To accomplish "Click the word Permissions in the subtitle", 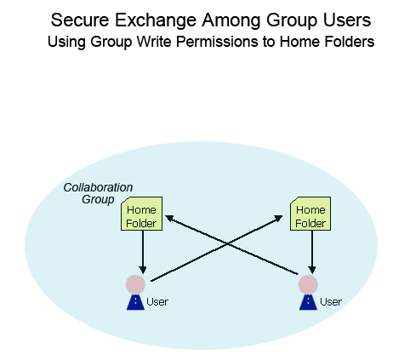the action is click(217, 42).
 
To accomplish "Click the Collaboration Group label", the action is click(98, 193).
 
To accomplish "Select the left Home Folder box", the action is click(141, 214).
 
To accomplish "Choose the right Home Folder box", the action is click(310, 214).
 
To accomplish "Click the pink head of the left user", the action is click(135, 284).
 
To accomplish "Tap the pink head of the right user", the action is click(308, 284).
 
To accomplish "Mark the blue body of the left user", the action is click(135, 302).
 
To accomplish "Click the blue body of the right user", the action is click(308, 302).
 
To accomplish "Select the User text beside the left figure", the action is click(157, 301).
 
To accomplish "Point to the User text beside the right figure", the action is click(331, 301).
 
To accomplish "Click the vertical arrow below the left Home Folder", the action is click(143, 252).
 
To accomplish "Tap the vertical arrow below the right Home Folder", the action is click(312, 252).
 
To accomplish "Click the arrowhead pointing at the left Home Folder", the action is click(169, 218).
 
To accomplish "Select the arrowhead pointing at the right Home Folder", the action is click(278, 218).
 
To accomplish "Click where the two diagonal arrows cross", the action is click(227, 243).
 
